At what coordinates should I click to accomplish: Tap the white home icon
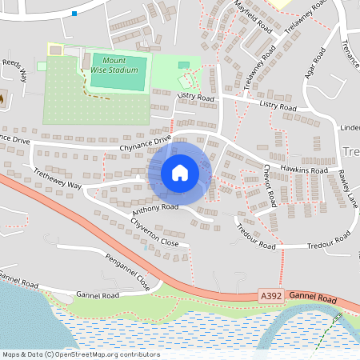pyautogui.click(x=180, y=173)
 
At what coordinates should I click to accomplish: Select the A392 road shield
pyautogui.click(x=272, y=296)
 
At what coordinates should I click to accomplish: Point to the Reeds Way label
pyautogui.click(x=14, y=69)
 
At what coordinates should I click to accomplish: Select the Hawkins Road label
pyautogui.click(x=304, y=170)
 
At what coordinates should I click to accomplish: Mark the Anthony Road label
pyautogui.click(x=154, y=208)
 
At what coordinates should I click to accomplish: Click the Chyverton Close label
pyautogui.click(x=154, y=231)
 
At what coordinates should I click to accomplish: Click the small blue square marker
pyautogui.click(x=74, y=13)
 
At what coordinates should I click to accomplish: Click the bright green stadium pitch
pyautogui.click(x=119, y=72)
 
